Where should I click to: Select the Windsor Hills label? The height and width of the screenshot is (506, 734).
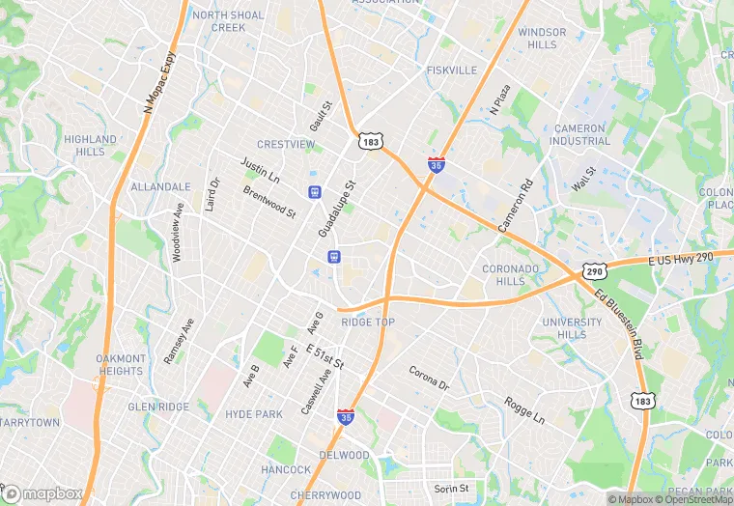(x=542, y=39)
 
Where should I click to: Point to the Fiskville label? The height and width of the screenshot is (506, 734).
(x=452, y=70)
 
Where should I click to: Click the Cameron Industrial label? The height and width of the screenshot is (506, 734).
(x=579, y=134)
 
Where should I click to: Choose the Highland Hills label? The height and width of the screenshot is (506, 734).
(x=90, y=145)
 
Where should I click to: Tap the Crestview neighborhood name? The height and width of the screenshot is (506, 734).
(x=286, y=145)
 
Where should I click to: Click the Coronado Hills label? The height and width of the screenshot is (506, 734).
(x=509, y=275)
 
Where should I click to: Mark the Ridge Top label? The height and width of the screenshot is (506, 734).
(x=368, y=322)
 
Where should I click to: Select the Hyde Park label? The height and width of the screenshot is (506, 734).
(x=254, y=413)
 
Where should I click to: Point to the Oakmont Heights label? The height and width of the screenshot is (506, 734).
(x=120, y=365)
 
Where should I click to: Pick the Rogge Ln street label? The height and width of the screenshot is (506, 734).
(x=524, y=409)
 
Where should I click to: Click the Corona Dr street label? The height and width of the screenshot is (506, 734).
(x=429, y=378)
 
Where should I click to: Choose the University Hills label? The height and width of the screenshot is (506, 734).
(x=565, y=328)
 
